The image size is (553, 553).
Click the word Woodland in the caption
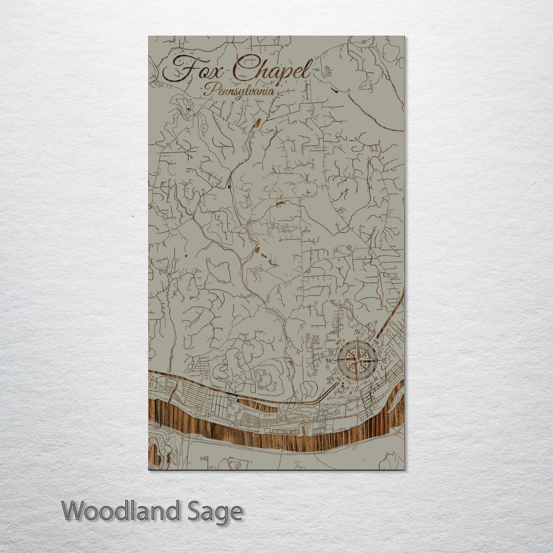(x=121, y=511)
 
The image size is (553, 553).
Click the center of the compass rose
(x=357, y=360)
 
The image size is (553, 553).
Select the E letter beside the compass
(x=385, y=361)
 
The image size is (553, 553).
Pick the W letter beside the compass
(x=329, y=360)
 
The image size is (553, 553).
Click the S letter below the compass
(x=356, y=388)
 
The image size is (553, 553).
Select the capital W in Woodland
(x=73, y=511)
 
